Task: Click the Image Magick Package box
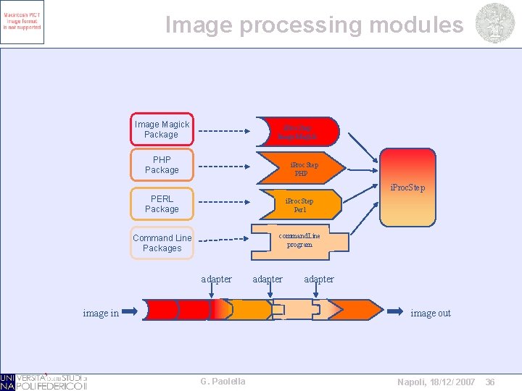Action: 162,130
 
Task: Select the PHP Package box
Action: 162,165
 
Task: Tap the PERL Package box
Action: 162,203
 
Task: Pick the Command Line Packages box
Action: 162,243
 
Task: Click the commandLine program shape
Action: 299,240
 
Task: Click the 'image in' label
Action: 101,313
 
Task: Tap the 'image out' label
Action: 431,313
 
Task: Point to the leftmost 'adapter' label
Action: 216,279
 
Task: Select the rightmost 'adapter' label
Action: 319,279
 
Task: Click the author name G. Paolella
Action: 223,381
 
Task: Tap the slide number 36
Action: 490,382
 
